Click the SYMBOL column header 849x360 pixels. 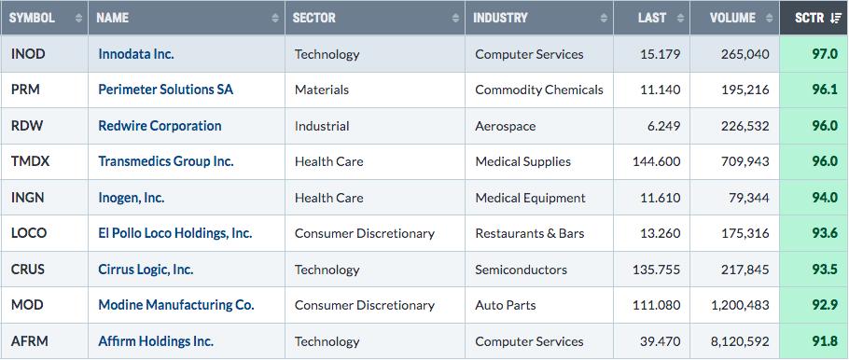click(x=32, y=18)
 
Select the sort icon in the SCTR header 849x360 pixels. click(x=835, y=18)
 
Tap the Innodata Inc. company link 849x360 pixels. click(x=136, y=54)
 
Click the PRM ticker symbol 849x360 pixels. click(x=25, y=90)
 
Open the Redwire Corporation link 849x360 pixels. click(x=160, y=126)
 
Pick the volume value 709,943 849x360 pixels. click(x=745, y=161)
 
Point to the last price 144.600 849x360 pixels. click(x=657, y=161)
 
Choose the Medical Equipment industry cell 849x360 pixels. click(x=530, y=198)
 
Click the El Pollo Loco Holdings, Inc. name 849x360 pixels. click(x=174, y=233)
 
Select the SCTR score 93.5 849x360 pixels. click(x=825, y=269)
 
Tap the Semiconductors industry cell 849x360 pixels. click(x=521, y=269)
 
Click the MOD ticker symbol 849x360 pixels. click(x=27, y=305)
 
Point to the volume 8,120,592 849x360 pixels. click(x=739, y=341)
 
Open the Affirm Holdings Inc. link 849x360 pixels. click(x=156, y=341)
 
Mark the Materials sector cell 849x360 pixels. click(x=322, y=90)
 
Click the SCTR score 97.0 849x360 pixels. click(x=825, y=54)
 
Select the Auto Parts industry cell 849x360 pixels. click(x=505, y=305)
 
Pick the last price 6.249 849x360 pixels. click(x=664, y=126)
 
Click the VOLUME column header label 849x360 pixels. click(x=732, y=18)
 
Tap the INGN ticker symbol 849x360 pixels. click(x=28, y=198)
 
